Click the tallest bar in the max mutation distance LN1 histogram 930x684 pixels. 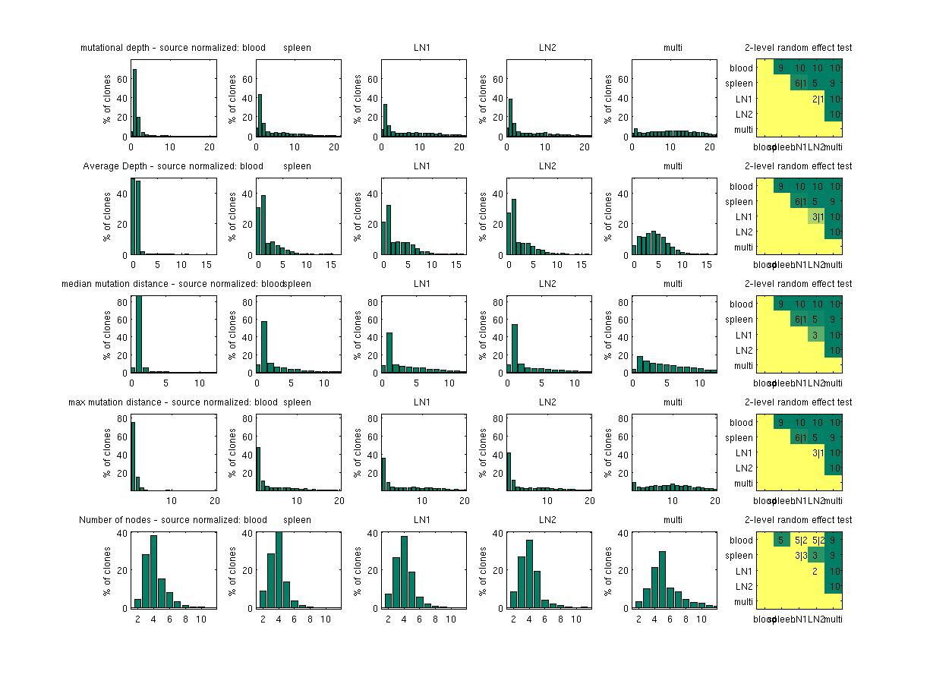point(383,474)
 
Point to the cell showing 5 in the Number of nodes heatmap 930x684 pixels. point(781,541)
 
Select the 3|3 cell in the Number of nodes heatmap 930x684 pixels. point(800,556)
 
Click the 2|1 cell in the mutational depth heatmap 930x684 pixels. point(818,99)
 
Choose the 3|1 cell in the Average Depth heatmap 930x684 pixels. point(818,217)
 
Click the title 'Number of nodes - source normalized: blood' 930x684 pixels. point(173,520)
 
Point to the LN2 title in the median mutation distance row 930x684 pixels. point(547,284)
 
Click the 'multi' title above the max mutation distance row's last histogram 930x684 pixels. point(673,402)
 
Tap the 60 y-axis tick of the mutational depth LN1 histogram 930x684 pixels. point(374,79)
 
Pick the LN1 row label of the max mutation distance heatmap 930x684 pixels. point(742,453)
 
